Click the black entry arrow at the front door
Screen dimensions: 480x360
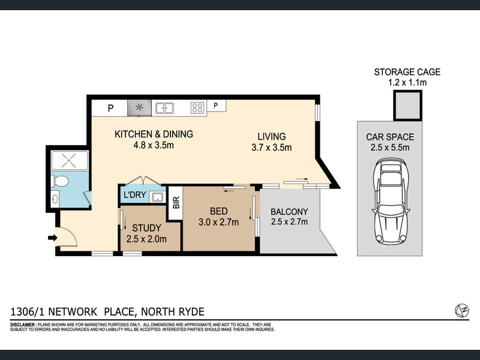click(53, 238)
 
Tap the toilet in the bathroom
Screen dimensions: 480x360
click(59, 181)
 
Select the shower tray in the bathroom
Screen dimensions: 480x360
click(70, 160)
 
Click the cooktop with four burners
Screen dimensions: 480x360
click(197, 108)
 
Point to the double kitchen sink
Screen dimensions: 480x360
click(164, 108)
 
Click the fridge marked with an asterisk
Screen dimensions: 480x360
click(139, 108)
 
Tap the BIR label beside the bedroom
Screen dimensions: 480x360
click(176, 203)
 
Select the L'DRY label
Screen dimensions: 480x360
click(134, 194)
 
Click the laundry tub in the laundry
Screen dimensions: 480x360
click(158, 197)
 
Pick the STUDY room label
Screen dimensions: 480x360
click(146, 228)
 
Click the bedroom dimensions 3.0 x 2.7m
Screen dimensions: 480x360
click(218, 222)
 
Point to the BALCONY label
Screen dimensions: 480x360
click(289, 212)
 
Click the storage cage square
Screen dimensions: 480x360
click(408, 105)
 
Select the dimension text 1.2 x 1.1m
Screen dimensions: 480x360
click(407, 82)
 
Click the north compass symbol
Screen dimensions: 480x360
click(462, 310)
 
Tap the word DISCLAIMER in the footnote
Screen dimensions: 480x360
click(23, 325)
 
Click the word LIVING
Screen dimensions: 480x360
click(272, 137)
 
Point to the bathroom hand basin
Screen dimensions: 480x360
click(55, 199)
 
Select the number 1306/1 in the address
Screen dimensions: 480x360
click(28, 311)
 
